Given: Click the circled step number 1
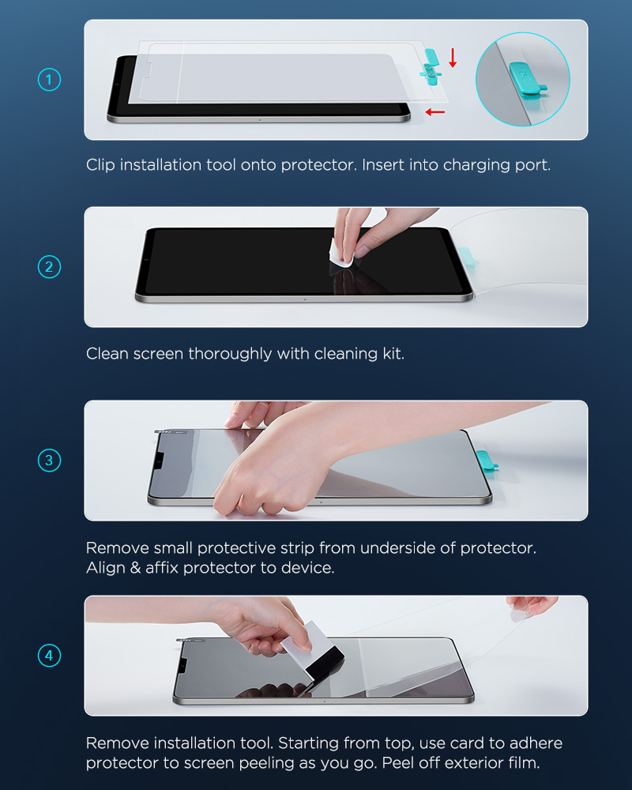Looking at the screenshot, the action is pyautogui.click(x=50, y=80).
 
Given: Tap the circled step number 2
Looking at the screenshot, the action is pyautogui.click(x=50, y=266).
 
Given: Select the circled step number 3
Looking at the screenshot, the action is pyautogui.click(x=50, y=461).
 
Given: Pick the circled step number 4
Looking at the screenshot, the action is pyautogui.click(x=50, y=656).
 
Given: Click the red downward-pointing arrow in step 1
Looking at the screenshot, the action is pyautogui.click(x=453, y=58).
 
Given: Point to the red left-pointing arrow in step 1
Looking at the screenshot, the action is pyautogui.click(x=435, y=112).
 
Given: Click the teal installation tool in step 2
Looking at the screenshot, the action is pyautogui.click(x=468, y=256).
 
